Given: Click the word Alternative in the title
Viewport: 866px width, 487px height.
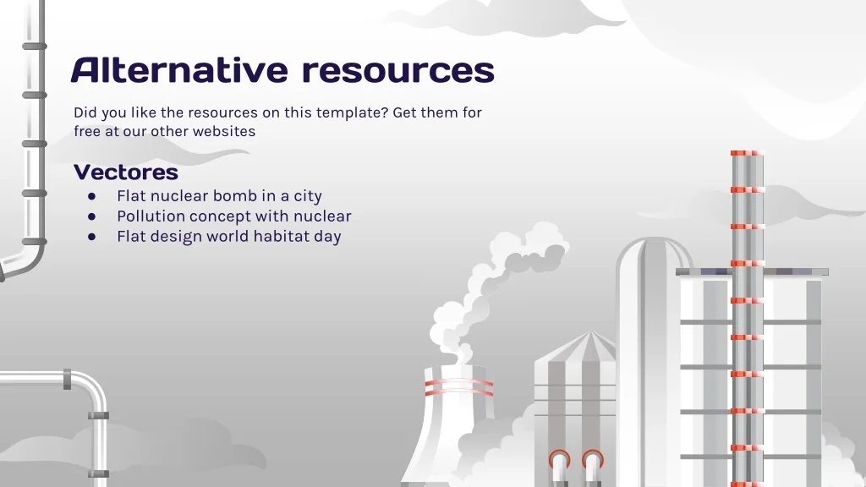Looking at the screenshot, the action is (179, 70).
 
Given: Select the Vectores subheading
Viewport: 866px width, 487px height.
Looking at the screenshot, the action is (126, 172).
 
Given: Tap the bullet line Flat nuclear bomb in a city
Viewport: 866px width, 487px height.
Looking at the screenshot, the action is (219, 196).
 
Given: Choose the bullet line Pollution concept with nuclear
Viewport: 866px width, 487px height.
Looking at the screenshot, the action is (233, 216).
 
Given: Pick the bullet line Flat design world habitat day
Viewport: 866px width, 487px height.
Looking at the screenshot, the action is (228, 237).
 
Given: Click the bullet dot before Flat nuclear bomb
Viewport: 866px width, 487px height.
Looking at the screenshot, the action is (91, 196).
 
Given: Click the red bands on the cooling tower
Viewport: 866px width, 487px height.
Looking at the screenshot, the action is (458, 386).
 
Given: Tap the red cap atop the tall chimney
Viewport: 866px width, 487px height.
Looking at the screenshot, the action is (748, 153).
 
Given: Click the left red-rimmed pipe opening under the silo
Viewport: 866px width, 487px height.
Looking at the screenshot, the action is (560, 459).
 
